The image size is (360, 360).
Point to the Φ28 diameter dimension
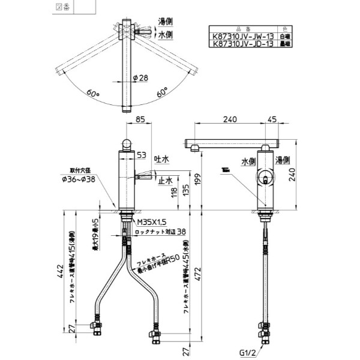[x=140, y=78]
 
